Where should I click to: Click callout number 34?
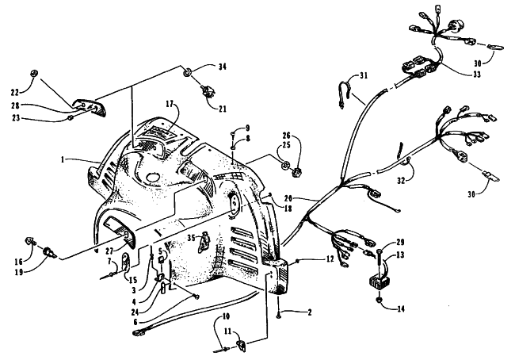(223, 67)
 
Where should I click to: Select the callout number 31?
(363, 76)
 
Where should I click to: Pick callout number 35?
(192, 237)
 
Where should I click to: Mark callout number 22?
(15, 93)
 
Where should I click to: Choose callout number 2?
(309, 312)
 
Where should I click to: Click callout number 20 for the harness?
(288, 198)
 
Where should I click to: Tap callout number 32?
(401, 181)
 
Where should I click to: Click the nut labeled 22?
(33, 73)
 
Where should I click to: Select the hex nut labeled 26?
(296, 171)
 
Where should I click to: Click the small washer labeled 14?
(379, 300)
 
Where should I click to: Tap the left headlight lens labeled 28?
(90, 106)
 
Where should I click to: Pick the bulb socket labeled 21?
(208, 90)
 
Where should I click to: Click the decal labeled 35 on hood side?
(204, 241)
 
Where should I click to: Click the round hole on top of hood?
(153, 177)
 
